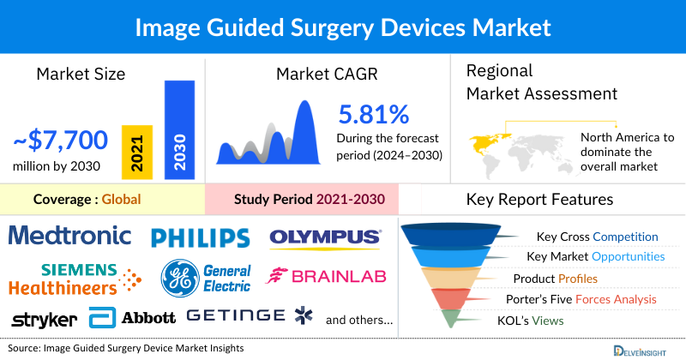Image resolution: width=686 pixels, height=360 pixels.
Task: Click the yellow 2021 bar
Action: (x=137, y=151)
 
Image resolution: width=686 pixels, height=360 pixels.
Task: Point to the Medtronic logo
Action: (x=70, y=235)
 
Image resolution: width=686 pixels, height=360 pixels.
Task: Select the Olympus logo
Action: (x=325, y=237)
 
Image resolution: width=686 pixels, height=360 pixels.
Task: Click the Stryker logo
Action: (x=44, y=319)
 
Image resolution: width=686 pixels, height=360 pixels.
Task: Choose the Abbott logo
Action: (x=133, y=317)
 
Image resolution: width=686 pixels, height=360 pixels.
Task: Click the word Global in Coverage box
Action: (x=121, y=200)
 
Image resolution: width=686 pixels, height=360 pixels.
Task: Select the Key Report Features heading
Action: (x=539, y=200)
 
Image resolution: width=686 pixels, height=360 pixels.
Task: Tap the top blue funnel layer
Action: (x=455, y=235)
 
